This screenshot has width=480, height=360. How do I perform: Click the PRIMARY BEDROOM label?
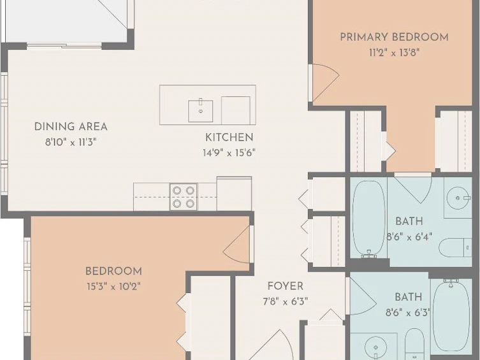(x=395, y=38)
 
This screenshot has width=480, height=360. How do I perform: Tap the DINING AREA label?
(x=71, y=127)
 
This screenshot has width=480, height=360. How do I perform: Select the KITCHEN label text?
(x=229, y=138)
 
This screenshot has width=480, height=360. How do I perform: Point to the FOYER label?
(x=286, y=286)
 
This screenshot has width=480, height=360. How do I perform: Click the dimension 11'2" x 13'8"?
(x=394, y=53)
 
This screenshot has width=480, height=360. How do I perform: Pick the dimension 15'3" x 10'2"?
(x=113, y=287)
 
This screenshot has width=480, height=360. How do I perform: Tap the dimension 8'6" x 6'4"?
(x=409, y=236)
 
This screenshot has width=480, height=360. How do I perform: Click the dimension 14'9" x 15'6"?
(x=229, y=152)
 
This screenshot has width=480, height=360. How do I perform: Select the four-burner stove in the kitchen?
(x=184, y=197)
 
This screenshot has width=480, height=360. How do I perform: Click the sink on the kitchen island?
(x=201, y=110)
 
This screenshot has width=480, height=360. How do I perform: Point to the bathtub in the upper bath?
(x=369, y=219)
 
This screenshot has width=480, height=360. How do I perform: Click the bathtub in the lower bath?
(x=451, y=315)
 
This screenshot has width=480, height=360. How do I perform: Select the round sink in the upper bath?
(x=458, y=198)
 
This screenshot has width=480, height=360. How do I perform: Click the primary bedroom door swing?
(x=325, y=83)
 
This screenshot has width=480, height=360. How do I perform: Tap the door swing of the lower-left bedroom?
(x=236, y=244)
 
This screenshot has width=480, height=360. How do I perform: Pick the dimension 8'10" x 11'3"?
(x=71, y=142)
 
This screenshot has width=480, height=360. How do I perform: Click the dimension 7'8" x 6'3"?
(x=286, y=301)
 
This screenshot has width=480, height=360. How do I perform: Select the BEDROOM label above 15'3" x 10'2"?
(x=113, y=271)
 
